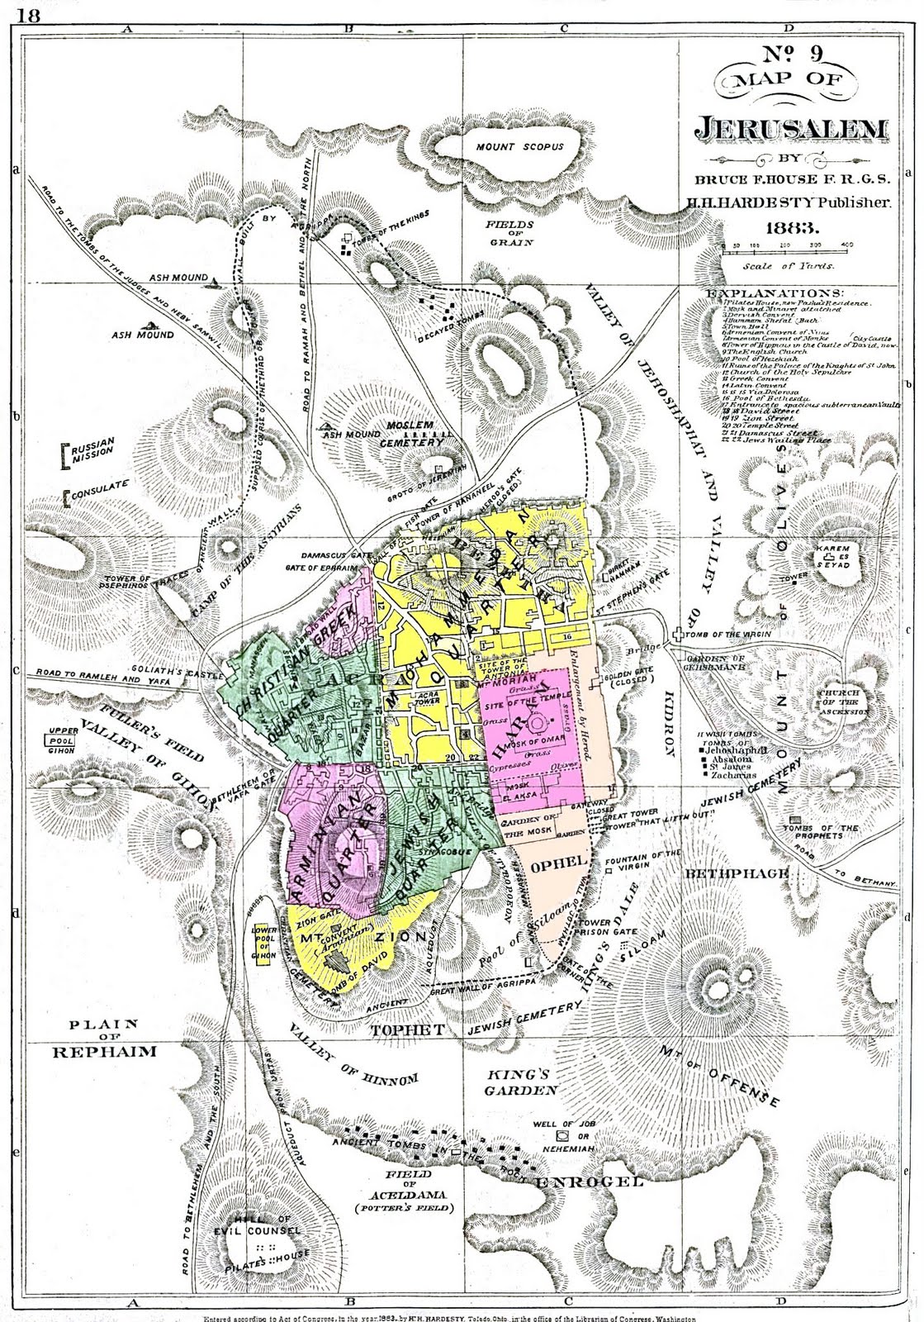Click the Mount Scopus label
point(519,146)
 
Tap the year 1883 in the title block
point(792,226)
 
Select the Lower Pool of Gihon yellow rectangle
point(264,942)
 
